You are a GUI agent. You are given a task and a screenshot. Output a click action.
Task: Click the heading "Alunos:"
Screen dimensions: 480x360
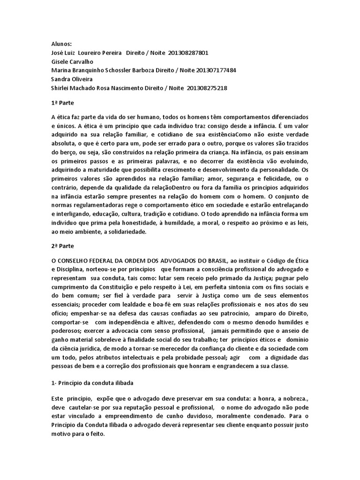[x=61, y=44]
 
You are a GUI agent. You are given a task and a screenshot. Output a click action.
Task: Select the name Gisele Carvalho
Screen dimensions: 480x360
[x=73, y=61]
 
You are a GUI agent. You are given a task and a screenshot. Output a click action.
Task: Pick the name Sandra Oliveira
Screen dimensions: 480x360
[x=72, y=79]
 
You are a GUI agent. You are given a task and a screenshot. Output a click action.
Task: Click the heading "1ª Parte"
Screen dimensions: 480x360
[x=62, y=102]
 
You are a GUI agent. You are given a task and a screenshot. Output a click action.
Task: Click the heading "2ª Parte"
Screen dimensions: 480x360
[x=62, y=245]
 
